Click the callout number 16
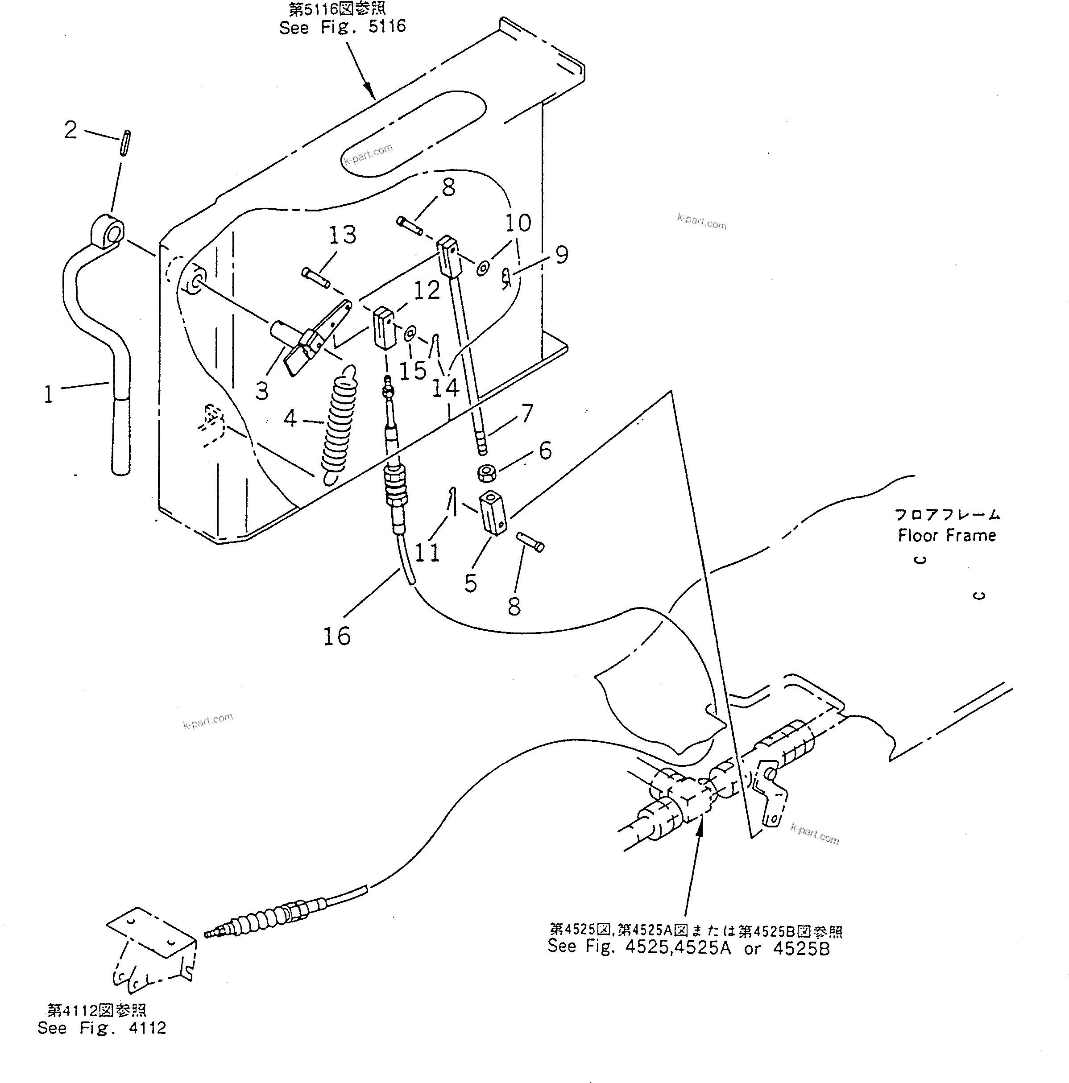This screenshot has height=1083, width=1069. tap(336, 636)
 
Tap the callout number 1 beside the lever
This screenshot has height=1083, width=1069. tap(49, 394)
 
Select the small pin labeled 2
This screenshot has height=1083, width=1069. tap(125, 144)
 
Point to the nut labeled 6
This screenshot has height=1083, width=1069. tap(485, 474)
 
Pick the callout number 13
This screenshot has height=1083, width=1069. tap(342, 235)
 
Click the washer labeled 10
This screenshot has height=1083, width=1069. tap(483, 269)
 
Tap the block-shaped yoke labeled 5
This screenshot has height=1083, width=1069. tap(493, 513)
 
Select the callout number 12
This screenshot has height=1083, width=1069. tap(427, 290)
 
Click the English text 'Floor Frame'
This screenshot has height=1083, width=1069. tap(946, 535)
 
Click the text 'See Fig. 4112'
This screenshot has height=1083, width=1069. tap(101, 1028)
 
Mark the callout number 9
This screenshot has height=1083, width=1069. tap(561, 255)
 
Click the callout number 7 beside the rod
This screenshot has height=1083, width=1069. tap(527, 413)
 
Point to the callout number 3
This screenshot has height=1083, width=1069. tap(262, 391)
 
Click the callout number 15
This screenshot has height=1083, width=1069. tap(413, 371)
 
